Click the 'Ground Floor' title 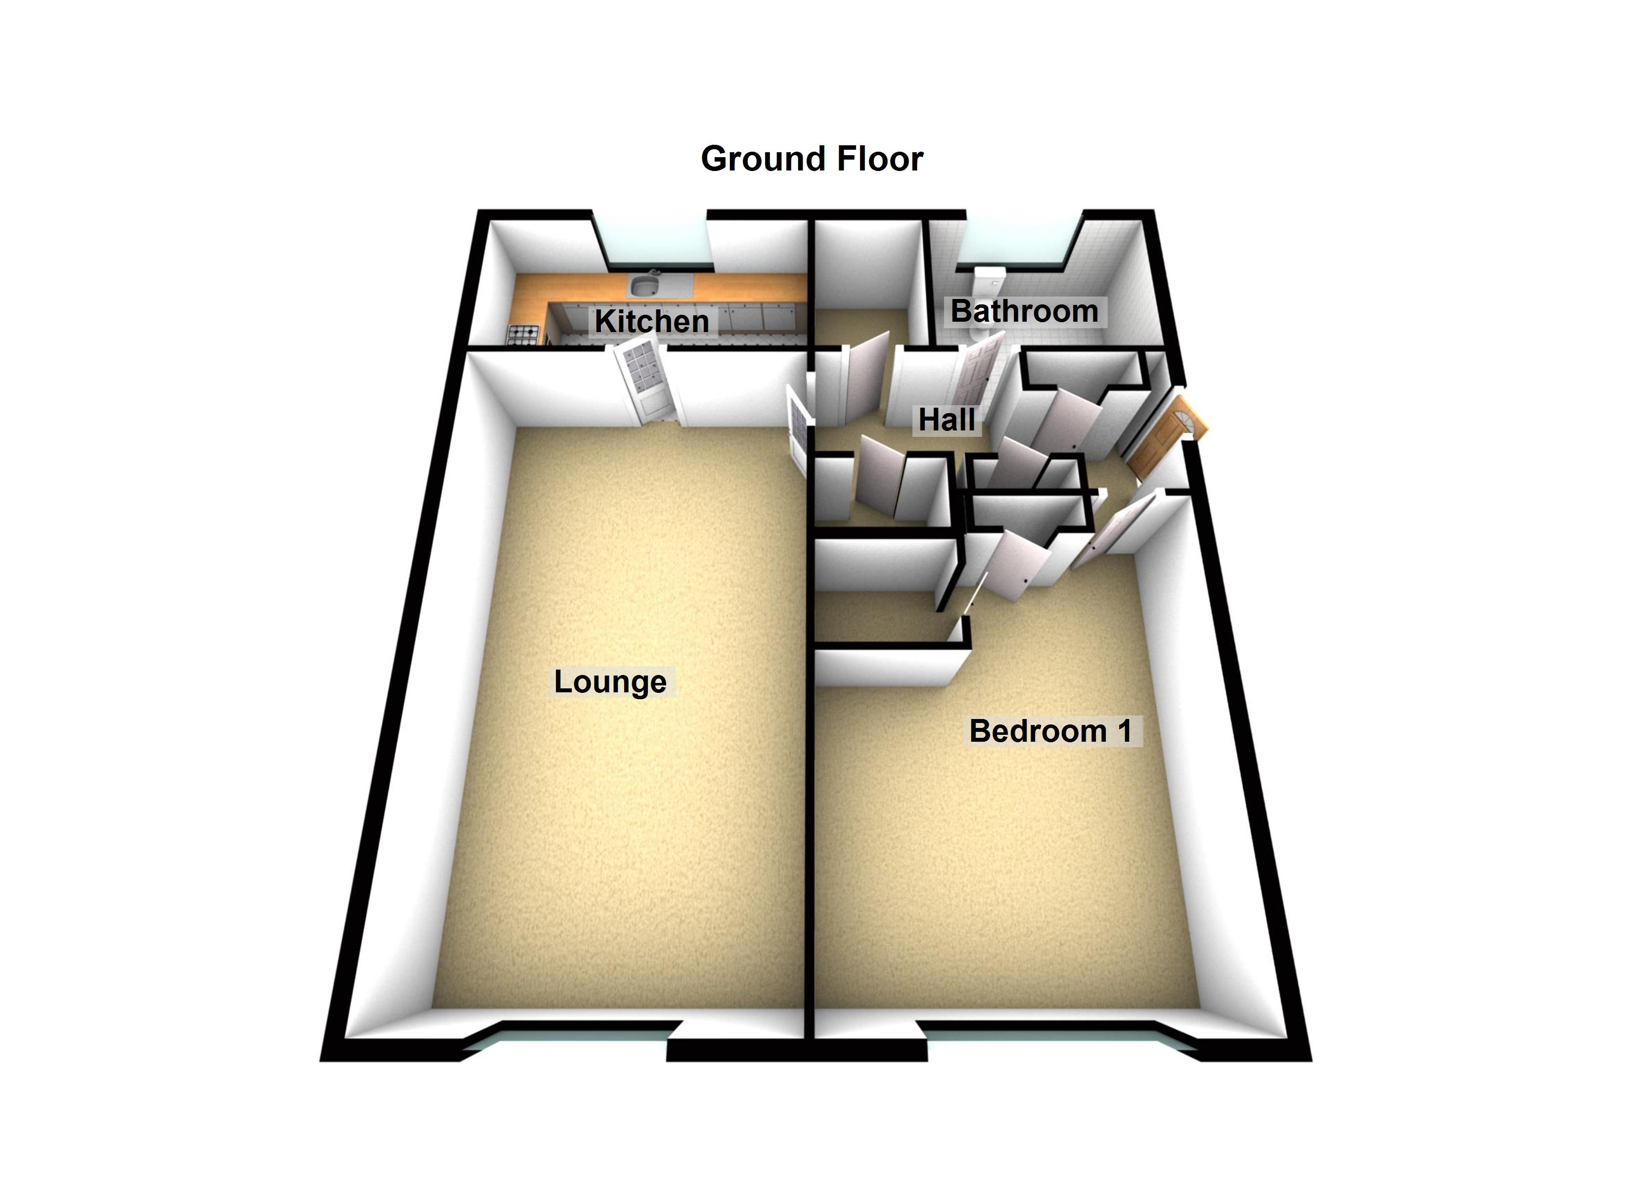(x=812, y=159)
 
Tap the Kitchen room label (x=652, y=321)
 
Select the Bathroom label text (x=1024, y=311)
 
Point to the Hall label (x=946, y=420)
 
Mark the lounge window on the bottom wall (x=568, y=1036)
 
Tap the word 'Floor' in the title (x=879, y=159)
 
